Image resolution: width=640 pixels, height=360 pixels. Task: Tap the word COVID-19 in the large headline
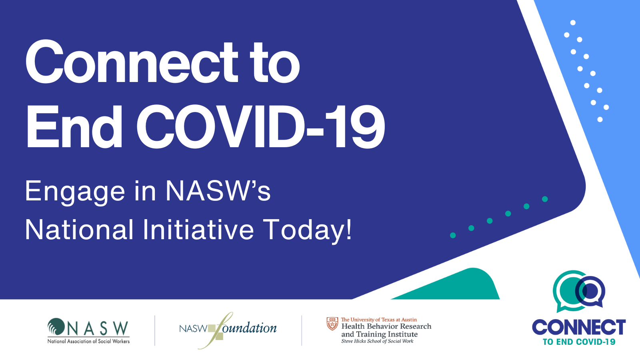click(260, 126)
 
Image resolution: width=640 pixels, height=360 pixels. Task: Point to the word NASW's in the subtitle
click(218, 190)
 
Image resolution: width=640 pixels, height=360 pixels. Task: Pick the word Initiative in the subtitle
click(198, 230)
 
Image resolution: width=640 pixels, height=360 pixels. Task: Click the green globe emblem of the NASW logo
click(56, 326)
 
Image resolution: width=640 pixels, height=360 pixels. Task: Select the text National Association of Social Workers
click(88, 341)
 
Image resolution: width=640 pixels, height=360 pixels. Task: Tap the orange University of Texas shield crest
click(332, 324)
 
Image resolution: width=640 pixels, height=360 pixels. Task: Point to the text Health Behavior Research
click(386, 326)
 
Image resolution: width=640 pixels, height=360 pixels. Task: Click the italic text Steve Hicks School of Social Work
click(377, 341)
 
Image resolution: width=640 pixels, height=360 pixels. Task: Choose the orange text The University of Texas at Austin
click(379, 320)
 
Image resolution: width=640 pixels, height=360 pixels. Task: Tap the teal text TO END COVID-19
click(579, 342)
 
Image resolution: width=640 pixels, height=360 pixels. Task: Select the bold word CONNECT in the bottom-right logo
click(579, 328)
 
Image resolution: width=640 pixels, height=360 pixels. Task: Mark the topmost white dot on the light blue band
click(573, 22)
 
